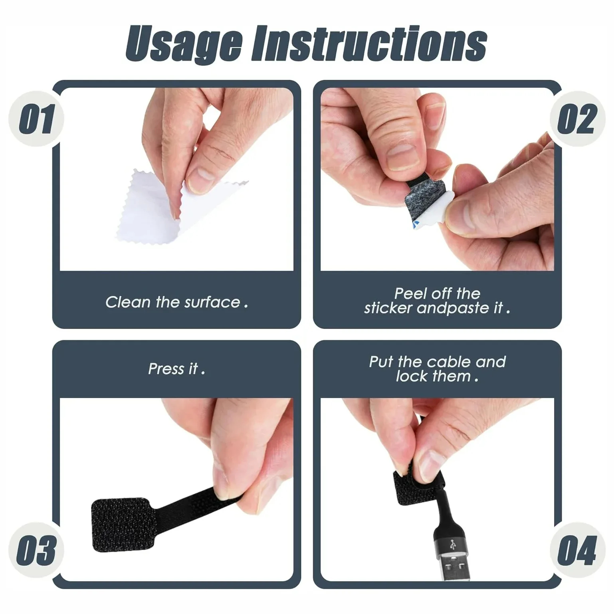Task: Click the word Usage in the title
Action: [184, 44]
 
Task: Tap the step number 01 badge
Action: [36, 119]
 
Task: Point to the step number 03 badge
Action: [36, 550]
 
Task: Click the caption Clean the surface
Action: [176, 302]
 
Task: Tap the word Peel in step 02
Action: [410, 294]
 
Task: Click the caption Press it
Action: [176, 369]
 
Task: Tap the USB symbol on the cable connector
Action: [454, 544]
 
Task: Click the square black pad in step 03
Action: [120, 524]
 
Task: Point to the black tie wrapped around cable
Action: [411, 489]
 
